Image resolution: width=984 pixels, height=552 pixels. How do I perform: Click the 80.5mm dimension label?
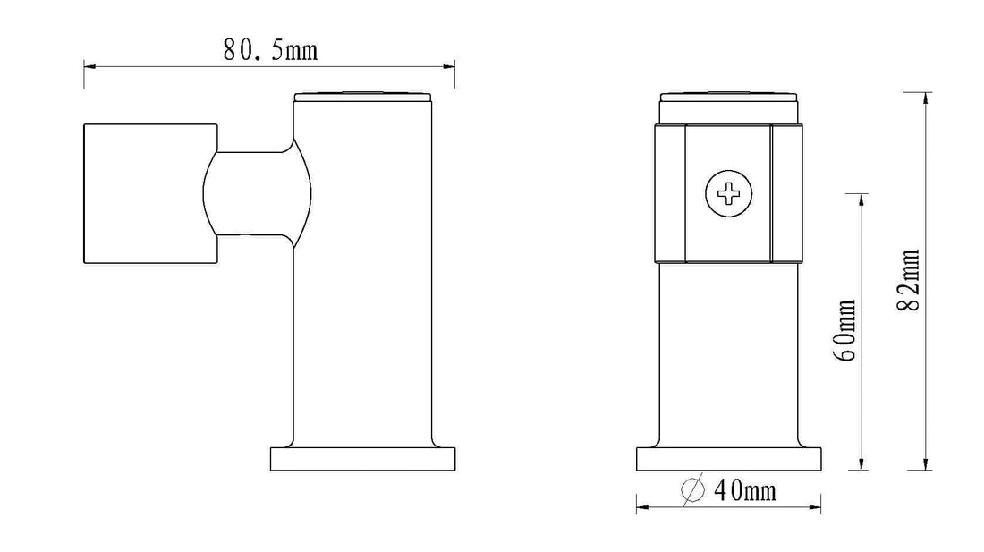(x=270, y=50)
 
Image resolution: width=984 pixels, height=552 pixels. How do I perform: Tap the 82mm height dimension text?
(x=910, y=280)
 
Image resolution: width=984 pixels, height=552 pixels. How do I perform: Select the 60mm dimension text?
(x=844, y=330)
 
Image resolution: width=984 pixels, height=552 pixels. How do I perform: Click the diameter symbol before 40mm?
(x=692, y=490)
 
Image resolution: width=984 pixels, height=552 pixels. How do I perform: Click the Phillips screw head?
(x=728, y=193)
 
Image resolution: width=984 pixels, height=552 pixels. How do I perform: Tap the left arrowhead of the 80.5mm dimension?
(x=89, y=66)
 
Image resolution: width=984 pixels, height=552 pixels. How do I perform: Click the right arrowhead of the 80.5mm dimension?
(x=449, y=66)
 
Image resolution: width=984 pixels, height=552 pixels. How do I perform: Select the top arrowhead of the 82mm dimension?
(x=925, y=98)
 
